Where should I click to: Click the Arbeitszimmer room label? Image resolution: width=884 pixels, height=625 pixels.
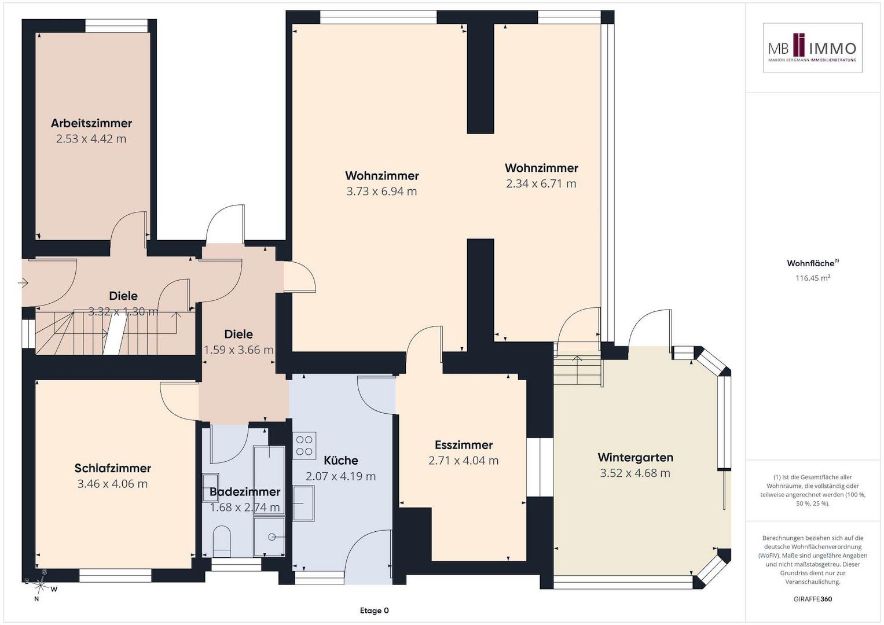(91, 123)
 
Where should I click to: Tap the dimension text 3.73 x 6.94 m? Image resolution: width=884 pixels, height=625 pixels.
(382, 192)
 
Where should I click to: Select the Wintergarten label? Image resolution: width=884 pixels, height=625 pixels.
(636, 457)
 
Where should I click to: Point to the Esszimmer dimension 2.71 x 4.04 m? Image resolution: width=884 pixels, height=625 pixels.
(464, 461)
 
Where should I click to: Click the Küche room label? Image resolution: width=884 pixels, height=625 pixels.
(341, 461)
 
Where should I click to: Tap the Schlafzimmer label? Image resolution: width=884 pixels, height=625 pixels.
(113, 468)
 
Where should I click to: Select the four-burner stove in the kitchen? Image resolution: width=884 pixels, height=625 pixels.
(305, 446)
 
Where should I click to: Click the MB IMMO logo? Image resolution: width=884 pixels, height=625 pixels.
(813, 47)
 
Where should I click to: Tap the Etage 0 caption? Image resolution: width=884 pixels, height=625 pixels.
(374, 611)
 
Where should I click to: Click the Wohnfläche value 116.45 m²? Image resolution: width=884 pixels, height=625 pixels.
(813, 278)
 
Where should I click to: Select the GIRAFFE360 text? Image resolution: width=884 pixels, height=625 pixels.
(813, 598)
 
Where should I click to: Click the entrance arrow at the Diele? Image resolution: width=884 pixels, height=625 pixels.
(23, 282)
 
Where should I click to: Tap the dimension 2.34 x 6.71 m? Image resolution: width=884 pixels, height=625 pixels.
(541, 184)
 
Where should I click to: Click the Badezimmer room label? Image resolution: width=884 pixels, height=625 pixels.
(245, 492)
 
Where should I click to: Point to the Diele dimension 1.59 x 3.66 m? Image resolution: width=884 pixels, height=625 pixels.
(239, 350)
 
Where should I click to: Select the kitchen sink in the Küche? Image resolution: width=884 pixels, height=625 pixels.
(303, 503)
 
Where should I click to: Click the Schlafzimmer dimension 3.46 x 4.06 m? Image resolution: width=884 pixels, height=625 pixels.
(112, 484)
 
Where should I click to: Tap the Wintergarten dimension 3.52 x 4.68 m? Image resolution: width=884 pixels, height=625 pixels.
(635, 473)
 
